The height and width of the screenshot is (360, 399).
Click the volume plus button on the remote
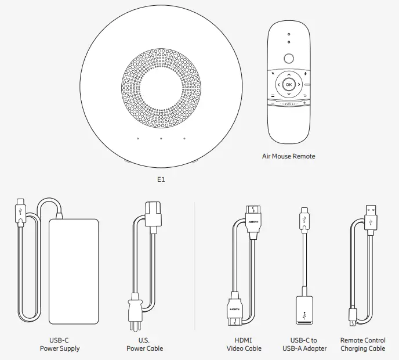304,103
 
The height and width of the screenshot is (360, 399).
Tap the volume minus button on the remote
272,103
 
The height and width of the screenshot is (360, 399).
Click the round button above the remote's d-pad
288,58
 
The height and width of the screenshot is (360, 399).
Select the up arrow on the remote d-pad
288,75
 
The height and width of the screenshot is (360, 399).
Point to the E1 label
161,180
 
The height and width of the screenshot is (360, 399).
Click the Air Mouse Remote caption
289,156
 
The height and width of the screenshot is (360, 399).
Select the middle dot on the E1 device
161,139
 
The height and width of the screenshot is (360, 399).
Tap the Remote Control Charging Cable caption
362,344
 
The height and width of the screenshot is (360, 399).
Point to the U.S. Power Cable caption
145,344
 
